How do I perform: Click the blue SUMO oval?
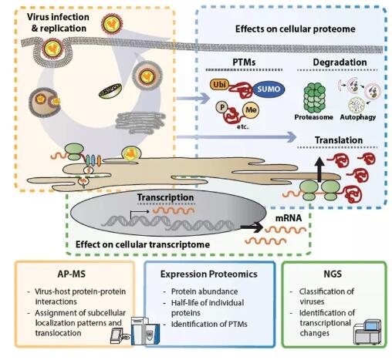pyautogui.click(x=269, y=89)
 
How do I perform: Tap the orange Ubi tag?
pyautogui.click(x=219, y=85)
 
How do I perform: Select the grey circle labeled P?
pyautogui.click(x=221, y=107)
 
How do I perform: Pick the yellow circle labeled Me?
pyautogui.click(x=251, y=109)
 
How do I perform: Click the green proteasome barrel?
pyautogui.click(x=314, y=98)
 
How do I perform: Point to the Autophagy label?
pyautogui.click(x=358, y=117)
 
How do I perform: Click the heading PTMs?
pyautogui.click(x=244, y=62)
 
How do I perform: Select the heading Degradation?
pyautogui.click(x=340, y=62)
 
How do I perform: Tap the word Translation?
pyautogui.click(x=339, y=140)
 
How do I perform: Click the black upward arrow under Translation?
pyautogui.click(x=319, y=170)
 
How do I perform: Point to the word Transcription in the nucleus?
pyautogui.click(x=165, y=197)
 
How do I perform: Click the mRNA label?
pyautogui.click(x=289, y=218)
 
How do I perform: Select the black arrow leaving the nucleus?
pyautogui.click(x=252, y=227)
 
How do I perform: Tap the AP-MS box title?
pyautogui.click(x=71, y=274)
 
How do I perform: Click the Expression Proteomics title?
pyautogui.click(x=209, y=274)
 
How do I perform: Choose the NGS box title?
pyautogui.click(x=333, y=274)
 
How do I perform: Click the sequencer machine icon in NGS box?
pyautogui.click(x=367, y=331)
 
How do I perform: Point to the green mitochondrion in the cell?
pyautogui.click(x=110, y=91)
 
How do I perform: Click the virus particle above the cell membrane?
pyautogui.click(x=113, y=24)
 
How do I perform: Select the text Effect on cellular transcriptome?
pyautogui.click(x=143, y=244)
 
